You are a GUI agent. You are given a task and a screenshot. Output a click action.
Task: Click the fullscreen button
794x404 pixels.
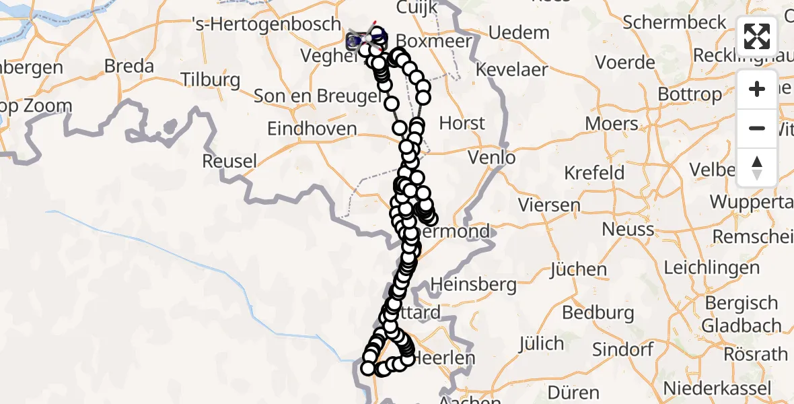pos(757,36)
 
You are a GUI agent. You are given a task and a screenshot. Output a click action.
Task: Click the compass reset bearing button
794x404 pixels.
pos(757,168)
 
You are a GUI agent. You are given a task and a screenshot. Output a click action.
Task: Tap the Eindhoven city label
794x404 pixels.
pos(312,129)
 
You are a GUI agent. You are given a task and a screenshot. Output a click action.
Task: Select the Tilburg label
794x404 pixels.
pos(211,80)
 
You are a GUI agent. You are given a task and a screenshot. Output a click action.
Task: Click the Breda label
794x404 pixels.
pos(130,67)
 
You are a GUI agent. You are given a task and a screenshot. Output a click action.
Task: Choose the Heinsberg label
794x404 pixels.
pos(473,284)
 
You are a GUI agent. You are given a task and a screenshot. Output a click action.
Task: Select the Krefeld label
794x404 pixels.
pos(594,172)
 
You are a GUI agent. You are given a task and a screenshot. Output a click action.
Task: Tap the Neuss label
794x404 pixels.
pos(628,229)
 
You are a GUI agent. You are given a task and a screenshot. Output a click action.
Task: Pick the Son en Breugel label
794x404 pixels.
pos(318,96)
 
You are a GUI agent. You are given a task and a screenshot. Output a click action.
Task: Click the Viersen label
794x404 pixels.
pos(548,205)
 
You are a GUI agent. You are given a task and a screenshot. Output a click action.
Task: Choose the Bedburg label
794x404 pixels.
pos(598,312)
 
